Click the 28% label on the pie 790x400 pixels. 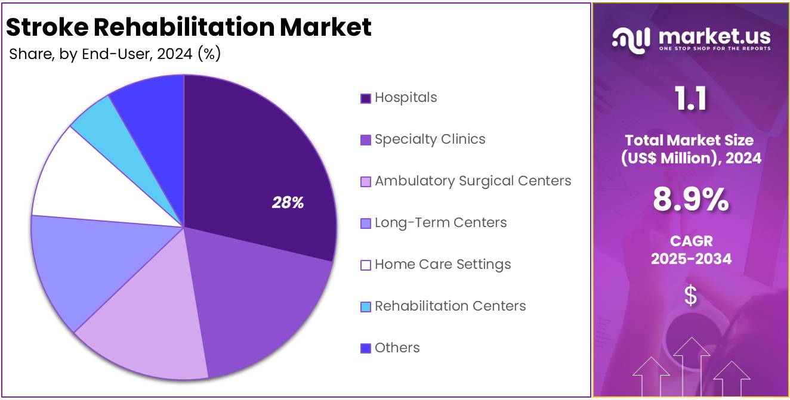coord(288,203)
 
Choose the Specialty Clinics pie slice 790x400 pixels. coord(257,304)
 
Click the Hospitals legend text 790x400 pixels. coord(406,97)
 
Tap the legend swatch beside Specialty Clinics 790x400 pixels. coord(366,140)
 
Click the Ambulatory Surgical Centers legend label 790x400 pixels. coord(473,181)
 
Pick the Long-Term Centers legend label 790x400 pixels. coord(440,222)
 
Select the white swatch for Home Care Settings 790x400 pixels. coord(366,265)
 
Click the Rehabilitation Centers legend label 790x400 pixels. coord(450,306)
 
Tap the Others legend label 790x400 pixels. coord(397,348)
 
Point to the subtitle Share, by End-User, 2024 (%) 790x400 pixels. coord(115,54)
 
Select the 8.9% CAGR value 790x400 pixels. coord(690,200)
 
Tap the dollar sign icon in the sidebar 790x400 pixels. coord(690,295)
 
